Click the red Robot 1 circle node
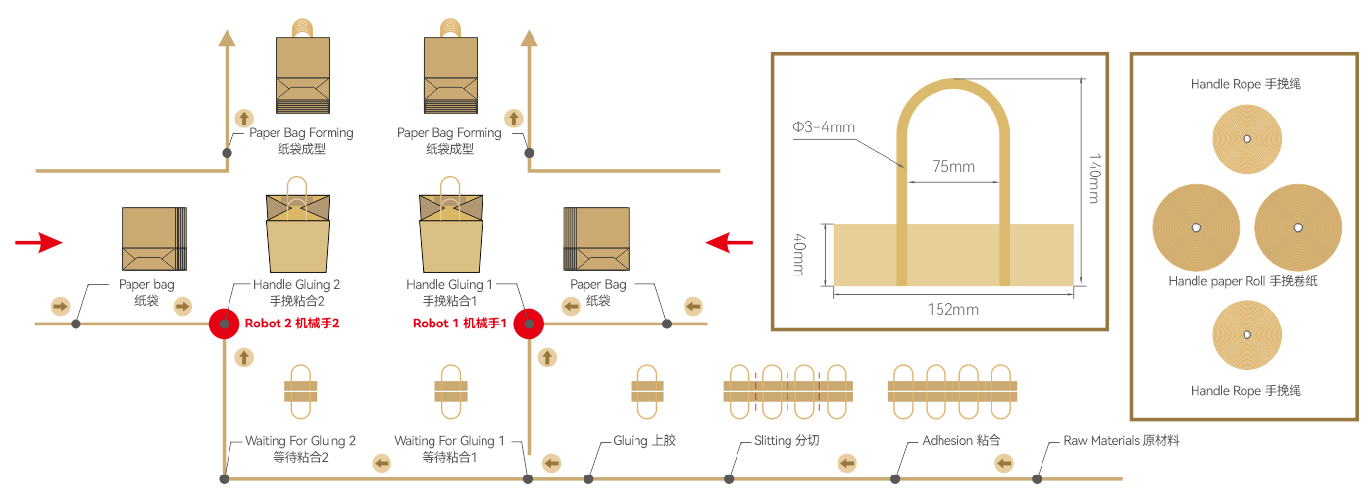coord(529,324)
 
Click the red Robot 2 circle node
coord(225,324)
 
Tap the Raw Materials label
coord(1121,441)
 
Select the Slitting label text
coord(787,441)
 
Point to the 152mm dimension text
coord(952,309)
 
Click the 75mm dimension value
coord(952,166)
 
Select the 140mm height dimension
coord(1094,178)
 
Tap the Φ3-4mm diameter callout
coord(824,126)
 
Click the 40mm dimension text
coord(799,254)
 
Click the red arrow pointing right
coord(39,242)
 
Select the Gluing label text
coord(644,441)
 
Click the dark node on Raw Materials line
coord(1037,479)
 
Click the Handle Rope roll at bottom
coord(1245,336)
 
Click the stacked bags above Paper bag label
coord(154,238)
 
